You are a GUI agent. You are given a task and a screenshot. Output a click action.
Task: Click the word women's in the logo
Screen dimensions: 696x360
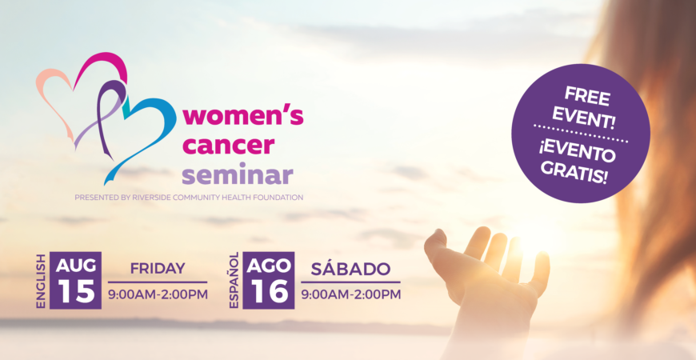coord(243,117)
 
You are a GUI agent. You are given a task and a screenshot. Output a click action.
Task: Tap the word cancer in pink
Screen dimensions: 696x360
coord(229,146)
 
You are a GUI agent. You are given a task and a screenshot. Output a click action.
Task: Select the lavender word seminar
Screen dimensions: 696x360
coord(238,175)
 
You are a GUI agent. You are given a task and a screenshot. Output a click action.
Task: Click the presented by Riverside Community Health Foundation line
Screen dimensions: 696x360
coord(189,197)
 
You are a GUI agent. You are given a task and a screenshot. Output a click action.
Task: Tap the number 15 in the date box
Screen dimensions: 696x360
coord(75,291)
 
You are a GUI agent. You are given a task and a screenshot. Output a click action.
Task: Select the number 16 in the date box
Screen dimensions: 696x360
coord(268,291)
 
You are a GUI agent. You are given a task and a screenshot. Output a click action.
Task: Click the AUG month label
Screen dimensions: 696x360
coord(76,266)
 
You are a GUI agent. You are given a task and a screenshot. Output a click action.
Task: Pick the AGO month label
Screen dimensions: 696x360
coord(269,266)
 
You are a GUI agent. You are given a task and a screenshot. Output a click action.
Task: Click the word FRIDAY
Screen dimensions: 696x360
coord(158,269)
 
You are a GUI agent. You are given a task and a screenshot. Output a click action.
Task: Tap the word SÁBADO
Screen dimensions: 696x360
coord(350,268)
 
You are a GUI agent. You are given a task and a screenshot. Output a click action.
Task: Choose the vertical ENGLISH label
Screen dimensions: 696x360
coord(41,281)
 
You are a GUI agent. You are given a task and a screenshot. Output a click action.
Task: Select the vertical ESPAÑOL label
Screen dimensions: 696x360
coord(234,280)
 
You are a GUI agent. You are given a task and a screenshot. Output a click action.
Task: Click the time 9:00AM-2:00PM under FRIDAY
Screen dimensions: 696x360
coord(158,294)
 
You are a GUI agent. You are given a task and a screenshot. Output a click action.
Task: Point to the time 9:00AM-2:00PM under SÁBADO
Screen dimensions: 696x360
coord(350,294)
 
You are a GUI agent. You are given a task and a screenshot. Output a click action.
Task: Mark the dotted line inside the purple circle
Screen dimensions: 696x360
coord(581,134)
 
